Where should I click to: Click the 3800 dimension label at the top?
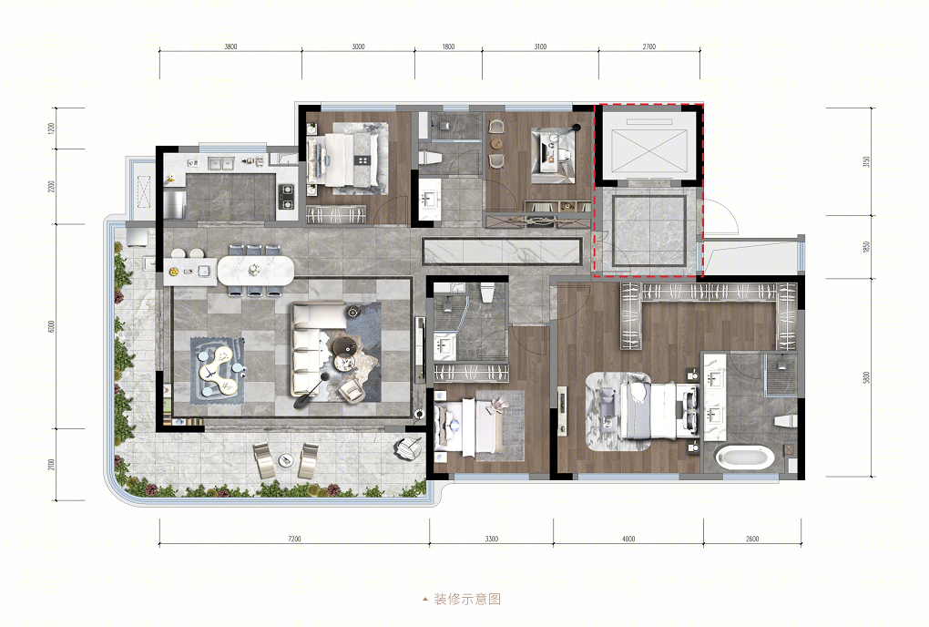pyautogui.click(x=230, y=46)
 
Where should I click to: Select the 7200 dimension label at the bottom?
pyautogui.click(x=294, y=539)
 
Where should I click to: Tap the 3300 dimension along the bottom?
pyautogui.click(x=492, y=539)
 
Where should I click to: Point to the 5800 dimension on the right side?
pyautogui.click(x=866, y=378)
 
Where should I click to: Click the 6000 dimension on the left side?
pyautogui.click(x=51, y=326)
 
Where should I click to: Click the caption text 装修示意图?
pyautogui.click(x=467, y=599)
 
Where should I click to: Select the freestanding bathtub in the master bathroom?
pyautogui.click(x=745, y=457)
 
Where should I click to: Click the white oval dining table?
pyautogui.click(x=255, y=272)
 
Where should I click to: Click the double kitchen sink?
pyautogui.click(x=220, y=162)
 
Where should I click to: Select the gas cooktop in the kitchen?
pyautogui.click(x=286, y=196)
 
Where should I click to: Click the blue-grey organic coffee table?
pyautogui.click(x=218, y=370)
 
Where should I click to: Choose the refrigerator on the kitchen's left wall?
pyautogui.click(x=176, y=204)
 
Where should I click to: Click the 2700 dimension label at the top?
pyautogui.click(x=648, y=46)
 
